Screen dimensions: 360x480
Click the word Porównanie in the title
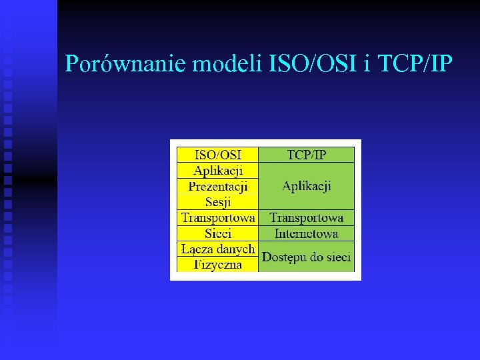126,64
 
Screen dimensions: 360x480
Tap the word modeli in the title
227,64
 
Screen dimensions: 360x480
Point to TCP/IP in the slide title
415,64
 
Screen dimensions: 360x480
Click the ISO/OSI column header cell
217,155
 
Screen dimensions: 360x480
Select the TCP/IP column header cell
306,155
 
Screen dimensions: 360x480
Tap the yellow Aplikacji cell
217,171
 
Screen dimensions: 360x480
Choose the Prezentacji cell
217,187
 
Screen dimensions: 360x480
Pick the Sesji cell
217,202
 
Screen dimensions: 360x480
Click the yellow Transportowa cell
217,218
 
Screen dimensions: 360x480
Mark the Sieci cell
217,233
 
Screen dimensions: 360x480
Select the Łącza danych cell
217,249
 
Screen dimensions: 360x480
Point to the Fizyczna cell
217,265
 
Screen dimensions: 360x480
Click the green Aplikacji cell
306,186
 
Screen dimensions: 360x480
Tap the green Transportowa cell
306,218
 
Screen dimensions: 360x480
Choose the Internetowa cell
306,233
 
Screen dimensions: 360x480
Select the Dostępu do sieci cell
306,257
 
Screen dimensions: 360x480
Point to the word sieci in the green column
337,257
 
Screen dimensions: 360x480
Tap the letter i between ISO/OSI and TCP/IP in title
367,64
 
